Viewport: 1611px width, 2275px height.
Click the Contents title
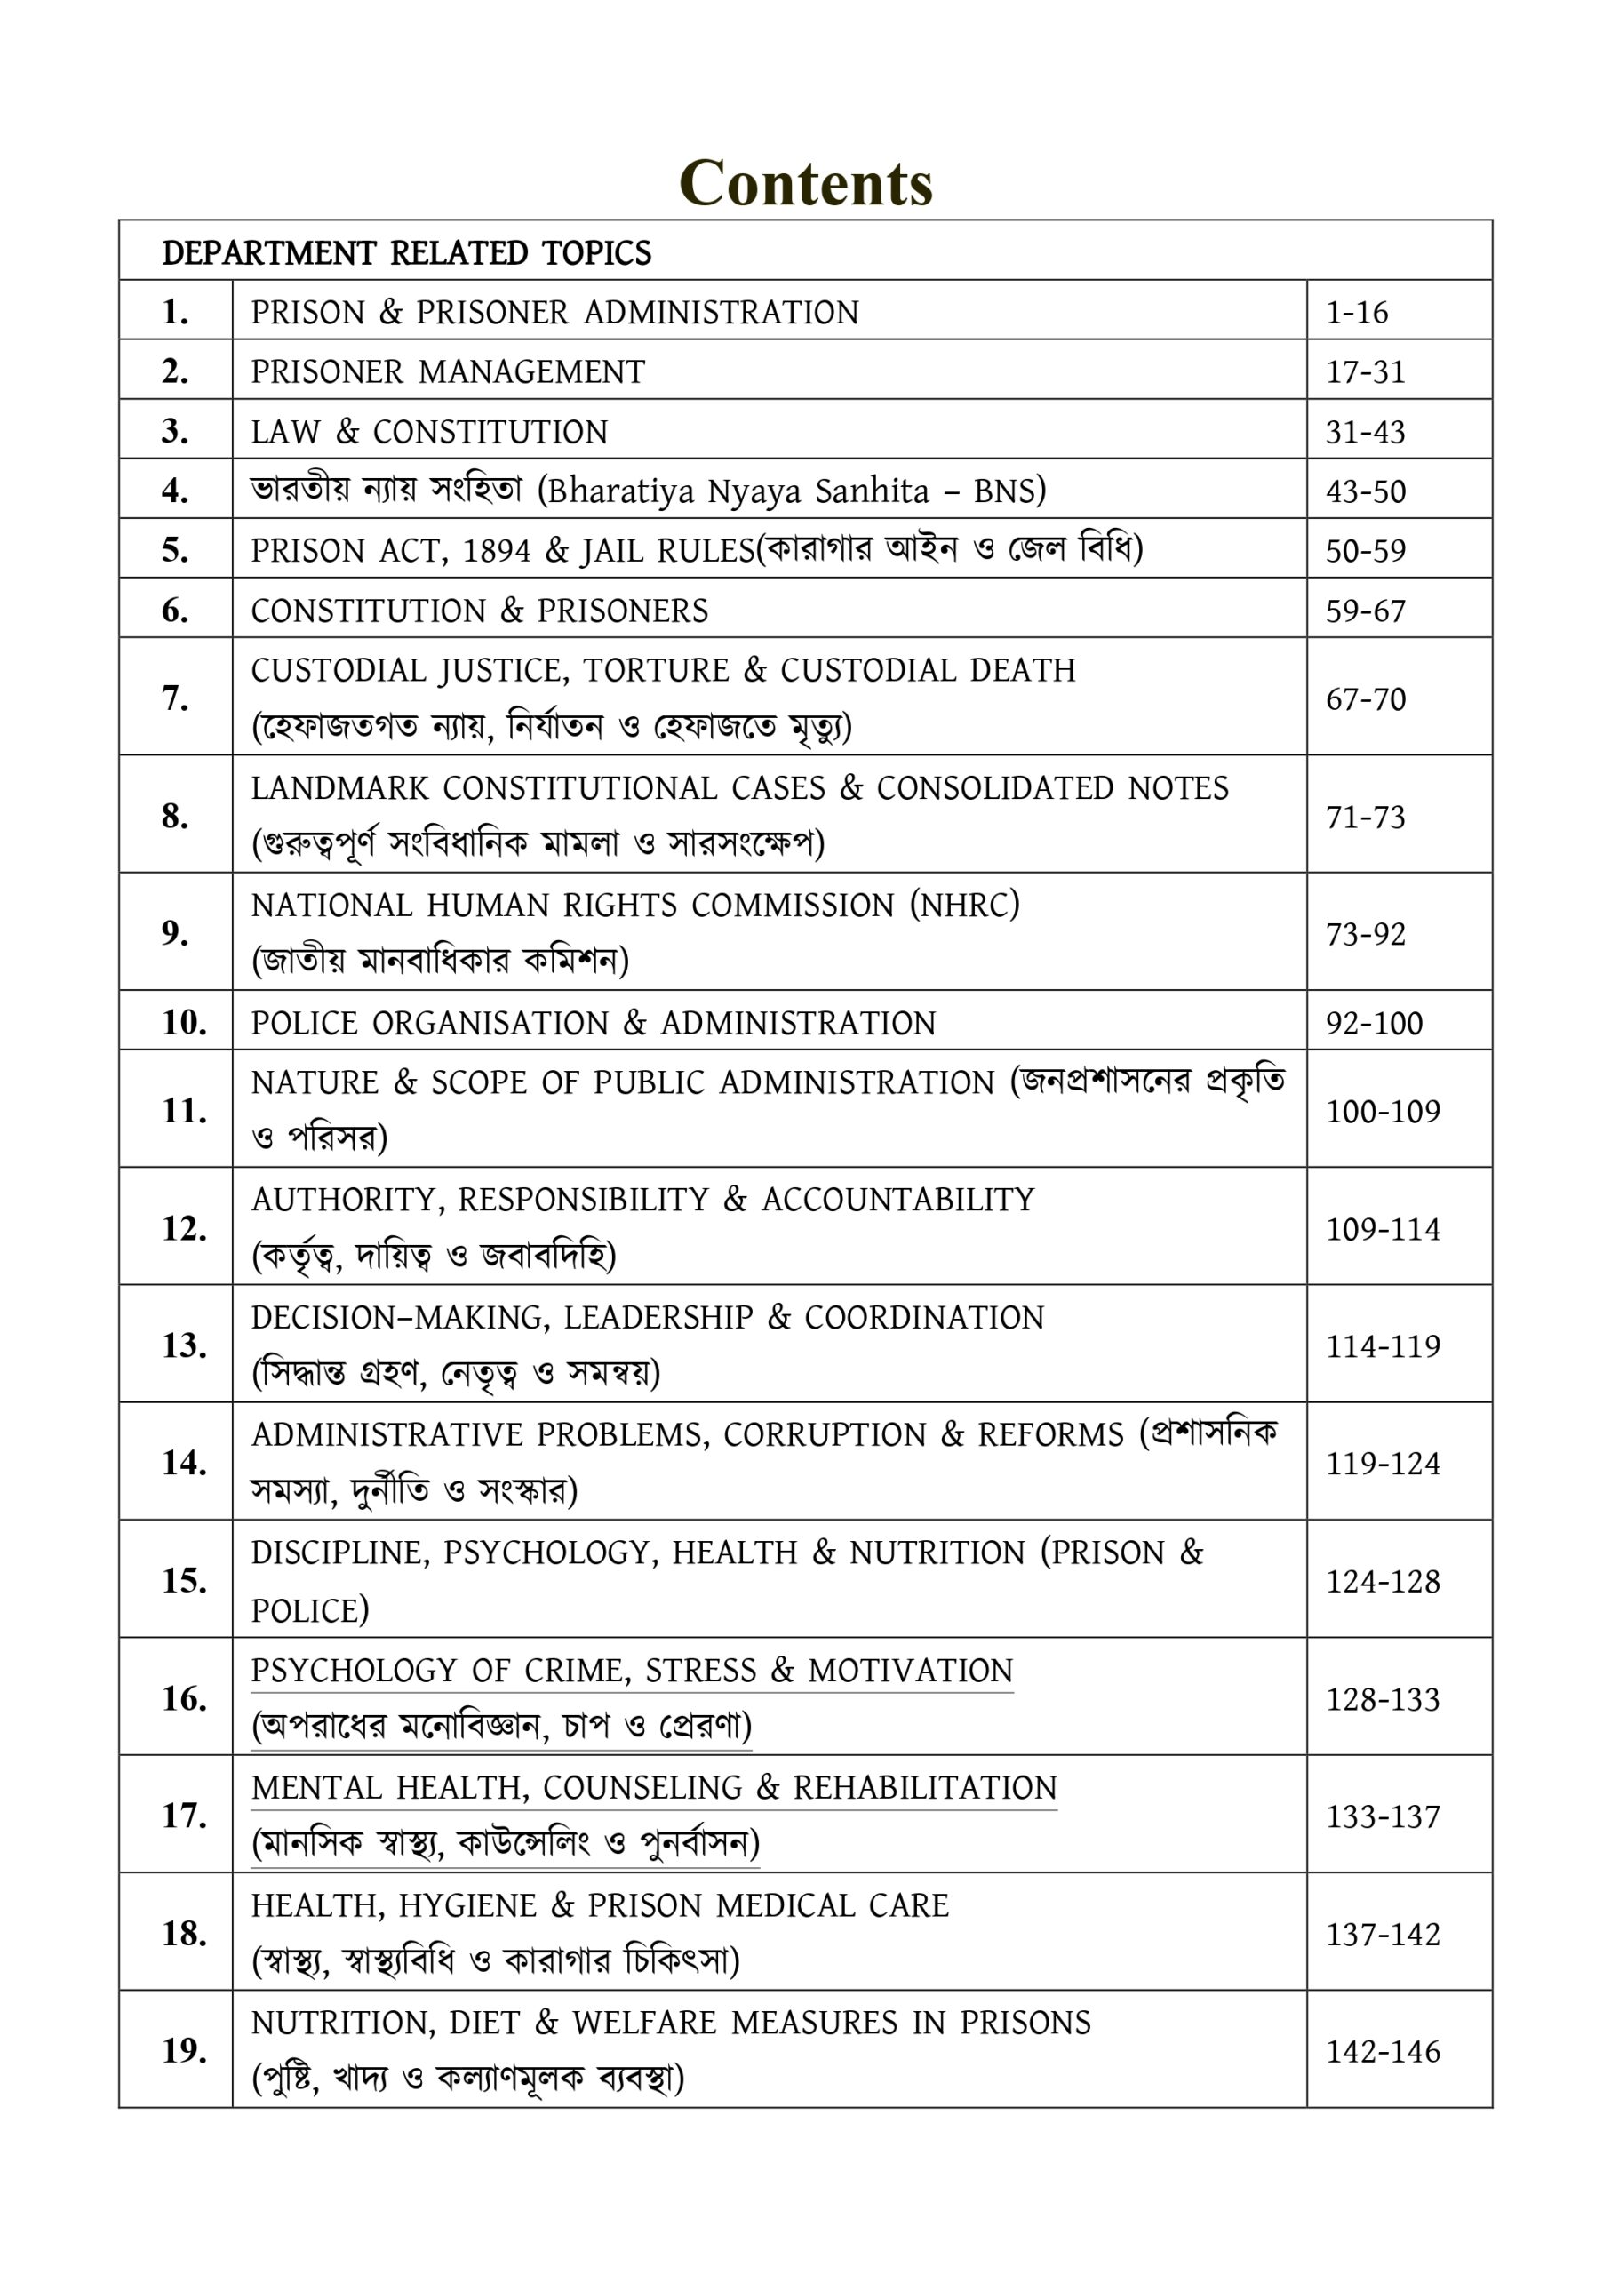804,184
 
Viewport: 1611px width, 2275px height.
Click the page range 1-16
1356,313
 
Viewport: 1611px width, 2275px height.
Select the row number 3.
174,431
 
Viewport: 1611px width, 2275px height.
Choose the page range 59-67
1365,611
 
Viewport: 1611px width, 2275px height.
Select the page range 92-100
1374,1023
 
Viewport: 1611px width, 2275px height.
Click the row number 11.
184,1110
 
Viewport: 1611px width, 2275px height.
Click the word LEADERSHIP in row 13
658,1318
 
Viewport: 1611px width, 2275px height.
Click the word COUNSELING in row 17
642,1788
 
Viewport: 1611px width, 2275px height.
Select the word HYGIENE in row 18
467,1905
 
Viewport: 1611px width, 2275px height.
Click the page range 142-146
1383,2052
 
